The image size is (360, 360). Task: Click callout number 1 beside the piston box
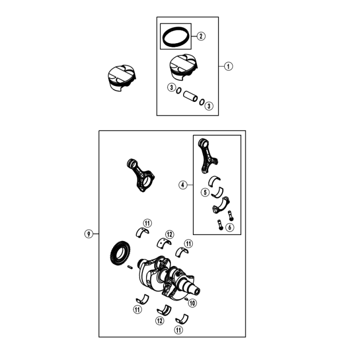point(229,66)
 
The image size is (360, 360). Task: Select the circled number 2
point(201,36)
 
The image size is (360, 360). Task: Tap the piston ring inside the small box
point(175,37)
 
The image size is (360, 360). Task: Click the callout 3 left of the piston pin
point(171,88)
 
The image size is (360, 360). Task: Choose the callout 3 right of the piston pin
point(208,105)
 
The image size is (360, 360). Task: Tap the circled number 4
point(183,185)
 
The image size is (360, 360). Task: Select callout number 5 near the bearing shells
point(205,192)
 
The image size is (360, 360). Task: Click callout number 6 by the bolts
point(229,227)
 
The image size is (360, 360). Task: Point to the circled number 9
point(89,234)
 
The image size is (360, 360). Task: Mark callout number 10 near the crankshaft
point(192,303)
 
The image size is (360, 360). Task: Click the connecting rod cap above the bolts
point(221,205)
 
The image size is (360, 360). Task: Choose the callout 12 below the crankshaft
point(160,321)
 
